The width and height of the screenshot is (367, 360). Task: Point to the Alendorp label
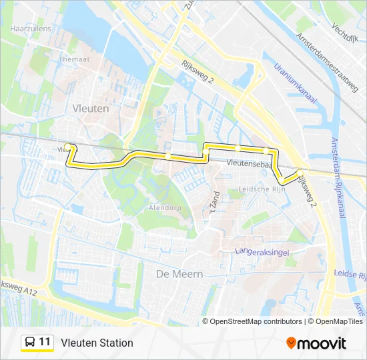pos(164,208)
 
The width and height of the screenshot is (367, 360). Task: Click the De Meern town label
pos(179,274)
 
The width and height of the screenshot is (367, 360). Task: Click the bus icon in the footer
pos(30,343)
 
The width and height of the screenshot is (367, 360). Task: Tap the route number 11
pos(45,342)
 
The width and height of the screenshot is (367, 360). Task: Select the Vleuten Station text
pos(97,343)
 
